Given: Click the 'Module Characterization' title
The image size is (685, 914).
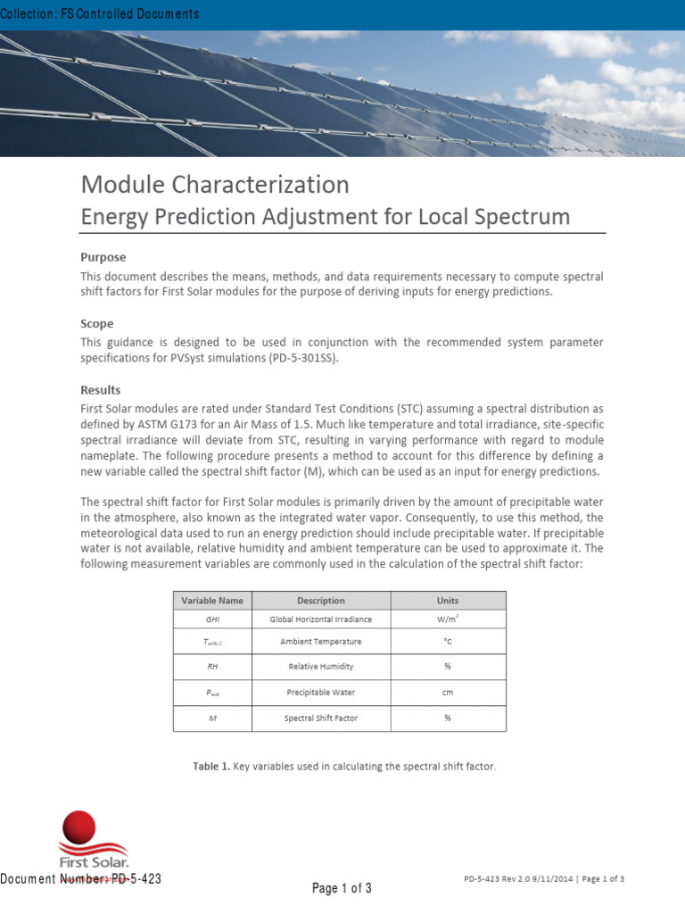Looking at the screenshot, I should coord(215,185).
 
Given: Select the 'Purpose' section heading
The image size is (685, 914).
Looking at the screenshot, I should coord(103,257).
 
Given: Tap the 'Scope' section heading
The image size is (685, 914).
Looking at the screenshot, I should coord(97,323).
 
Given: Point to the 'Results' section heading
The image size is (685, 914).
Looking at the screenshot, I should coord(101,390).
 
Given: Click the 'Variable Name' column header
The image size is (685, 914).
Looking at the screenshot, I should coord(212,601).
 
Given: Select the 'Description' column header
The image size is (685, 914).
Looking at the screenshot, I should coord(321,601).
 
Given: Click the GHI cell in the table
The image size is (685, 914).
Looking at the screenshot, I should coord(212,619).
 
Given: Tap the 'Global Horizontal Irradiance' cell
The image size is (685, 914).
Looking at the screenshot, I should coord(321,619).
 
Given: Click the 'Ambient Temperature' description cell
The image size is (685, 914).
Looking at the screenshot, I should coord(321,642).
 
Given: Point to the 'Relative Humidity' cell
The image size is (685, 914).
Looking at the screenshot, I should coord(321,666).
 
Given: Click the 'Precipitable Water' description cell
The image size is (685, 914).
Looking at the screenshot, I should coord(321,692).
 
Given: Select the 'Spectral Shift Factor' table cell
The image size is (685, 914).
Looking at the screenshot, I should coord(321,718).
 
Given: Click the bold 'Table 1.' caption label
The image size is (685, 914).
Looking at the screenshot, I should coord(211,766).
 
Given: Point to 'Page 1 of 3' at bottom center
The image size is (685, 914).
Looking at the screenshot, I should coord(342,888).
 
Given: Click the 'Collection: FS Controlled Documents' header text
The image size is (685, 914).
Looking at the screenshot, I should coord(100,14).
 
